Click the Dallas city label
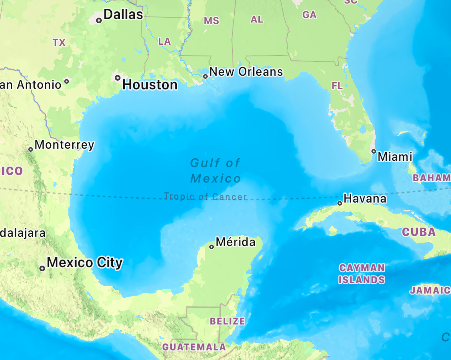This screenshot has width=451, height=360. [123, 15]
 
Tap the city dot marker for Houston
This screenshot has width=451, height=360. [118, 78]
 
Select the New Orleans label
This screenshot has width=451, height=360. [246, 71]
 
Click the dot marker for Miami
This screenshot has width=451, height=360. [374, 151]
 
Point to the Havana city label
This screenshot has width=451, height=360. [365, 199]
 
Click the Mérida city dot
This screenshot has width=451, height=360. [212, 247]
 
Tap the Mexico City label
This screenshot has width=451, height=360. [85, 263]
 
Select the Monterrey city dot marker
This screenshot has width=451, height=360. [31, 149]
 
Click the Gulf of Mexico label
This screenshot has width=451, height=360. [215, 170]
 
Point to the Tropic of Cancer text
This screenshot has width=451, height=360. [205, 197]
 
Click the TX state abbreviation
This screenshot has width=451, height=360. [59, 42]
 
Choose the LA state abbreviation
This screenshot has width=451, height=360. [164, 41]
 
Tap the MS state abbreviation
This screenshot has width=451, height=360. [212, 21]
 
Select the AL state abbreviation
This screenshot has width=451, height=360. [257, 19]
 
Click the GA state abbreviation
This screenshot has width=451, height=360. [309, 15]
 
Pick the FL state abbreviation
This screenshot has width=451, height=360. [337, 86]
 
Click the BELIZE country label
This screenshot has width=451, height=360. [227, 321]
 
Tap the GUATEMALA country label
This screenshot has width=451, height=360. [194, 347]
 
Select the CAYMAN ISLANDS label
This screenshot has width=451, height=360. [361, 274]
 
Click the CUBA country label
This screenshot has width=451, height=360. [418, 232]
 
